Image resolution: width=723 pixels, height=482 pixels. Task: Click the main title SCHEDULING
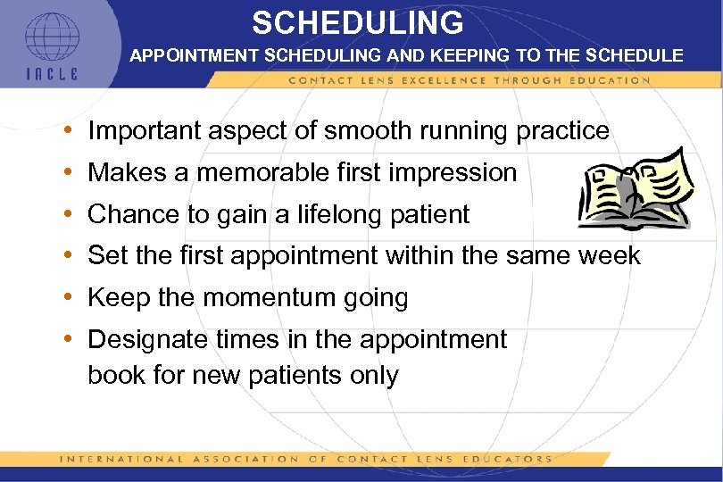357,22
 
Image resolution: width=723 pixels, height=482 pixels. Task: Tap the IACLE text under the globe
51,74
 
